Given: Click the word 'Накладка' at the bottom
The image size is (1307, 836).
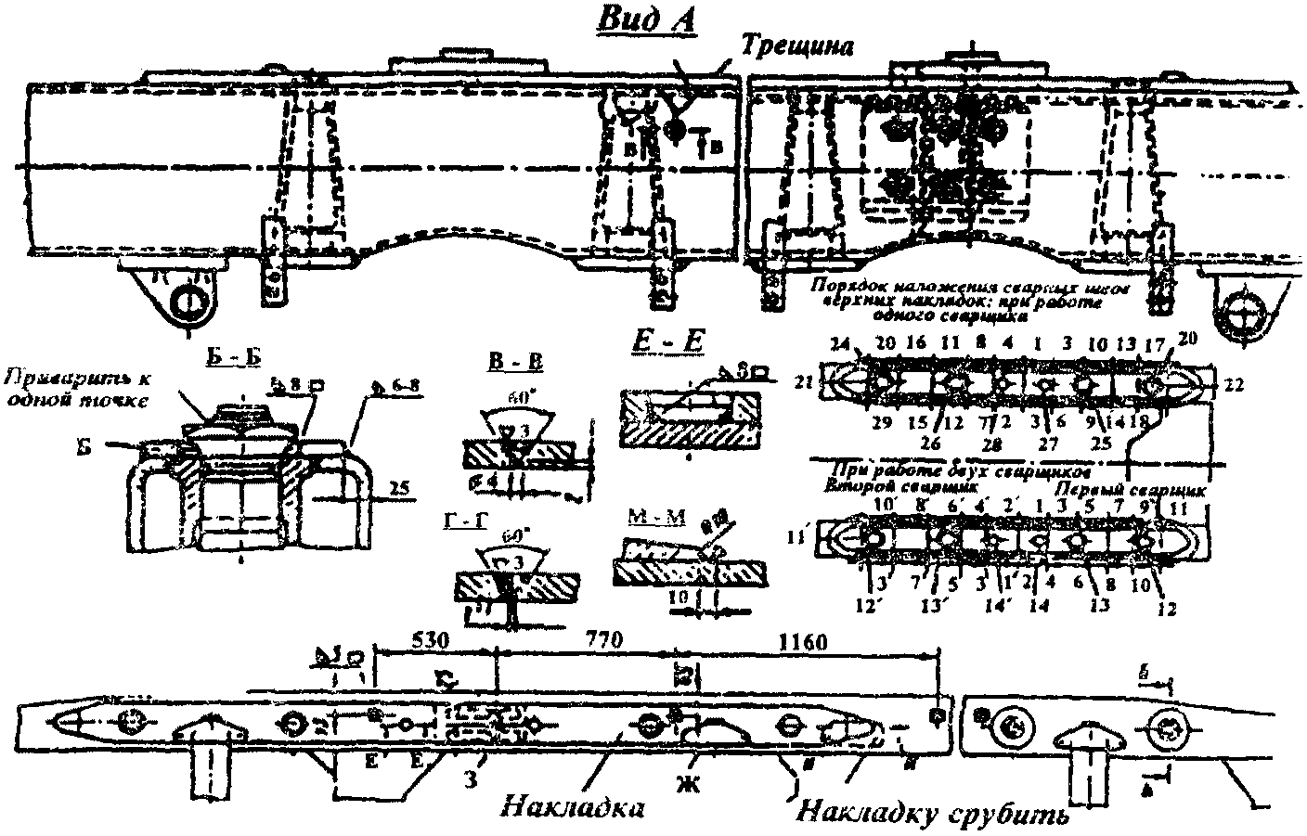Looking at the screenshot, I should point(573,805).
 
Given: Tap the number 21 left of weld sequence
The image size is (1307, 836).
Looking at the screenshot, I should point(806,381).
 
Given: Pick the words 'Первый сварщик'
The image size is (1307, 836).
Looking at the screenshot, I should point(1150,487).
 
